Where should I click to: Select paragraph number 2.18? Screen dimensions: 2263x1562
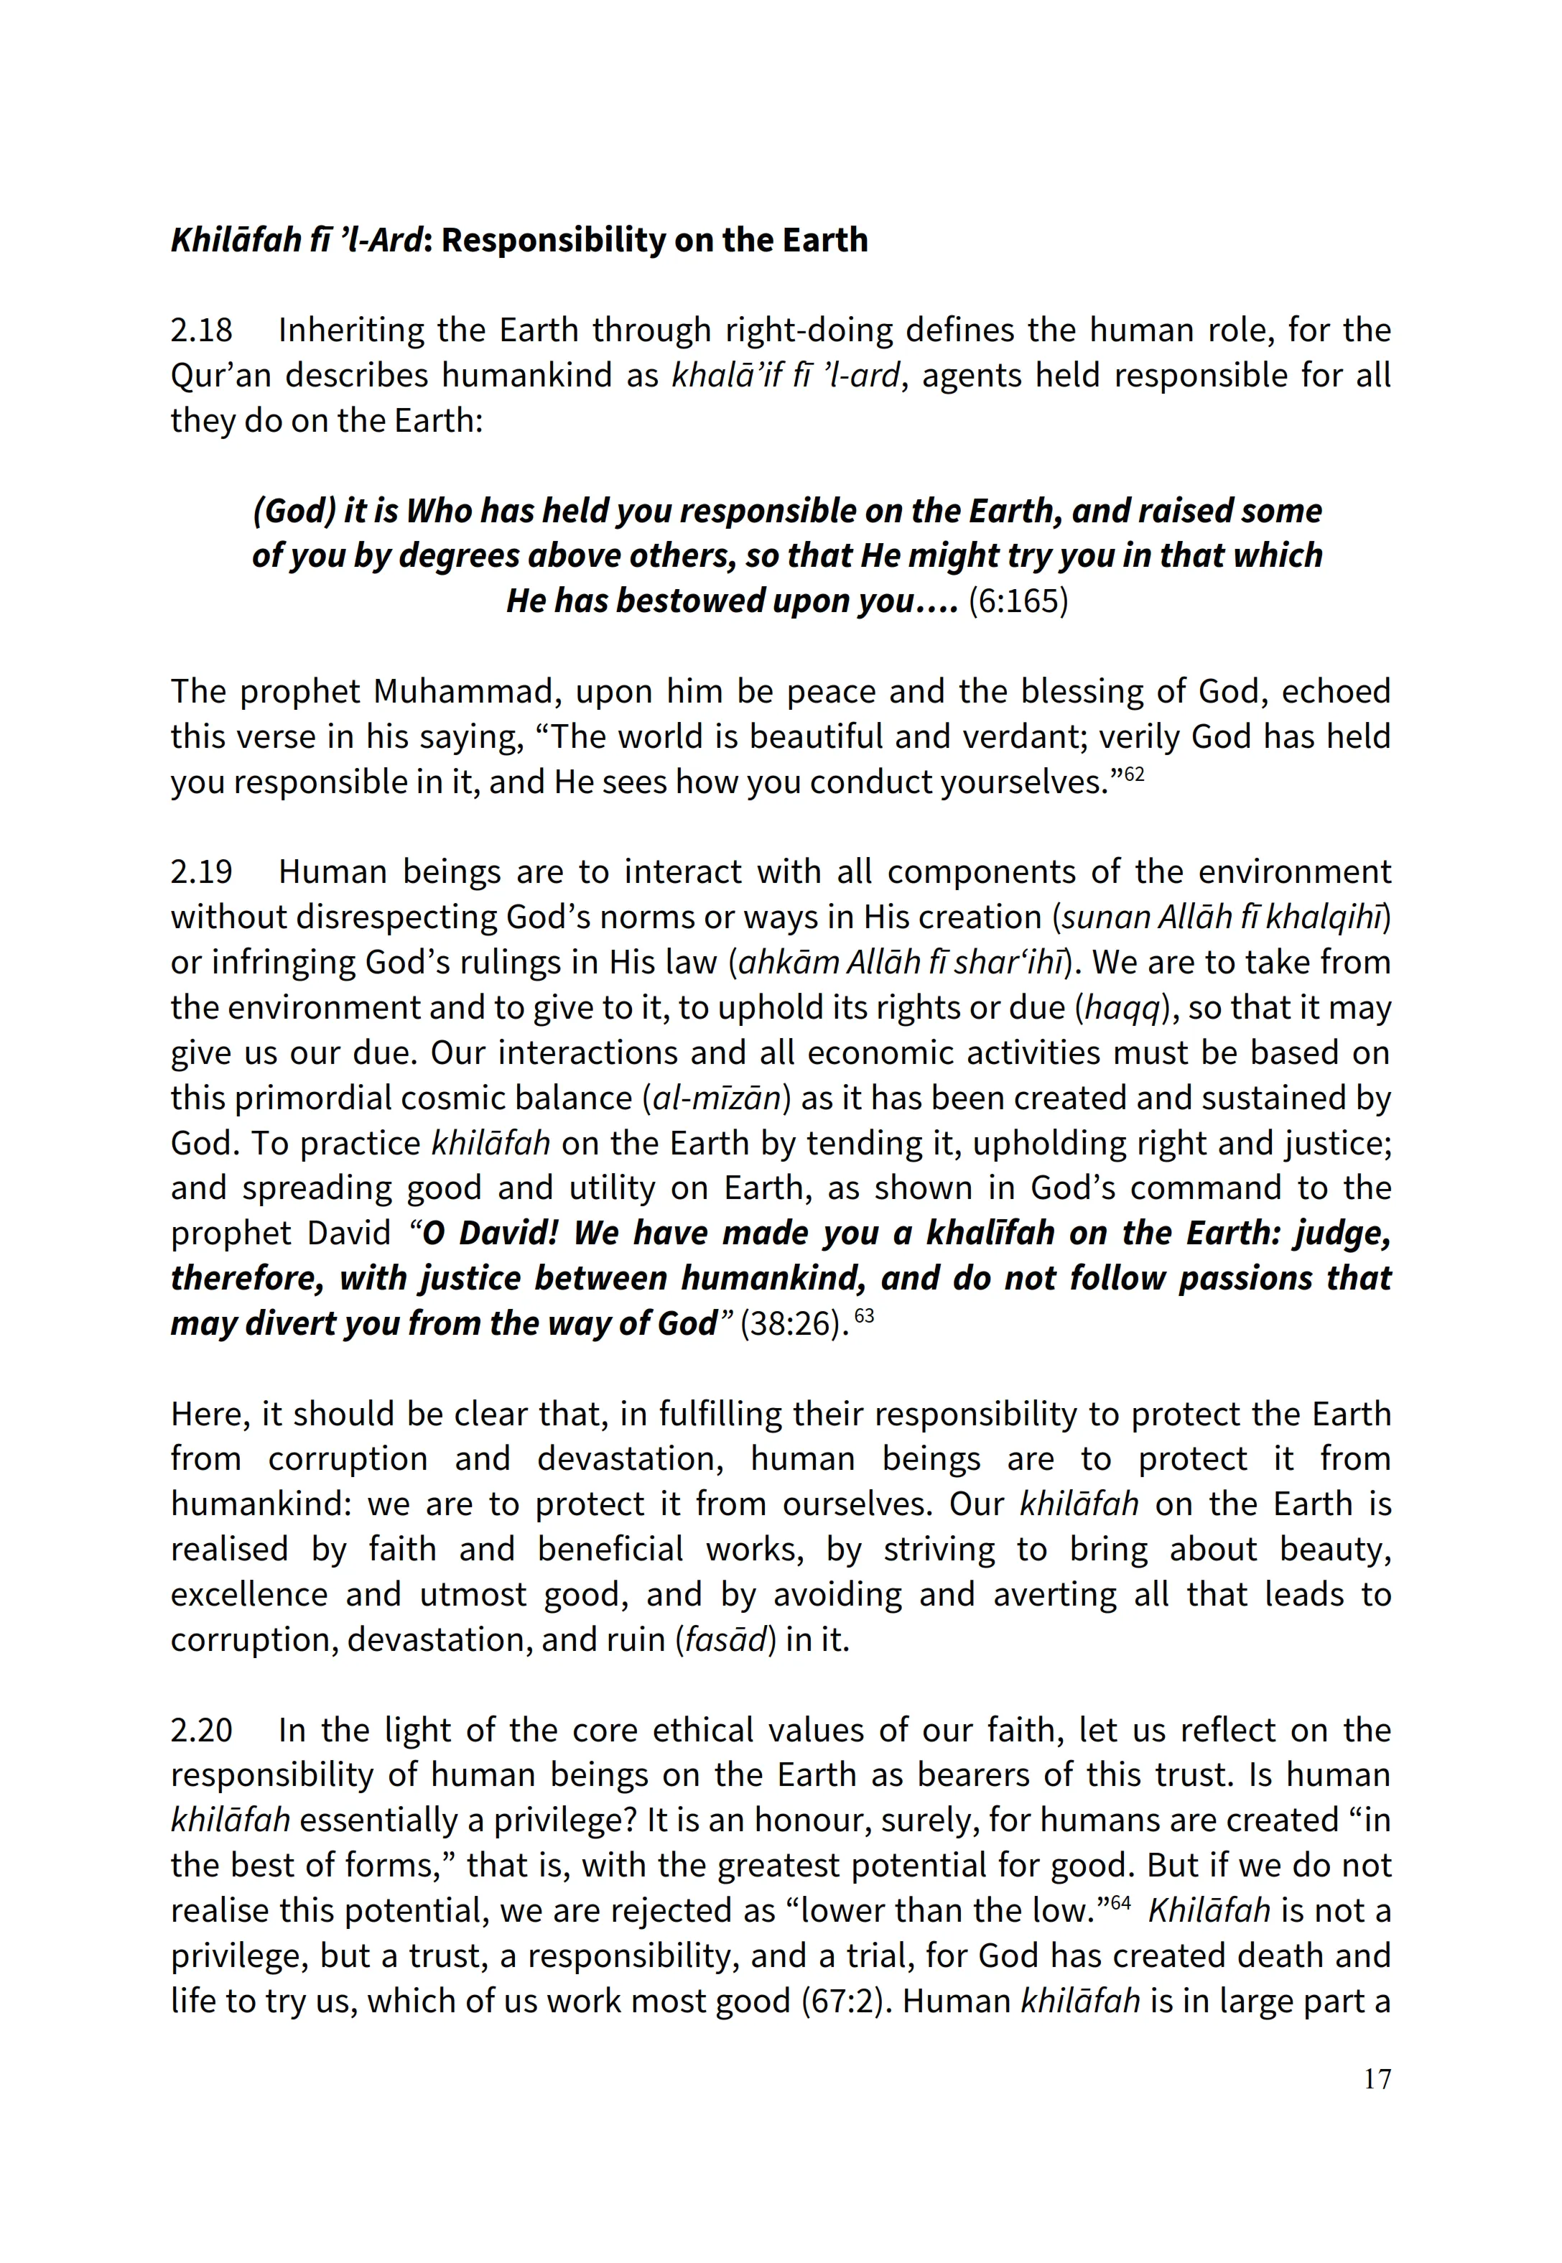(202, 331)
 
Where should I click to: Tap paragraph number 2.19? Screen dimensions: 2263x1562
(202, 872)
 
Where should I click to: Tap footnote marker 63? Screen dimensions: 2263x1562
(864, 1315)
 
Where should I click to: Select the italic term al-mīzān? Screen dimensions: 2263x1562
(717, 1098)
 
